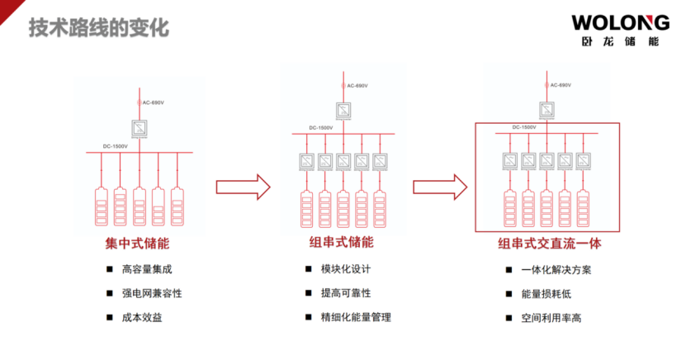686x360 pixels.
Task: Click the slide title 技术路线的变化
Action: tap(99, 27)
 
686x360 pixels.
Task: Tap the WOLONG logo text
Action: tap(615, 22)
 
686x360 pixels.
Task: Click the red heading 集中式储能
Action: tap(137, 244)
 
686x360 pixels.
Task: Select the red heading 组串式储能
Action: tap(341, 242)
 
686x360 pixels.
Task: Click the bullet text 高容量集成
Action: tap(147, 269)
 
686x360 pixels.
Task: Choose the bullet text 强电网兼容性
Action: tap(152, 293)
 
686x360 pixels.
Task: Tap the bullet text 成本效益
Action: tap(142, 317)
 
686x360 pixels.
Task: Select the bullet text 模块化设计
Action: tap(346, 269)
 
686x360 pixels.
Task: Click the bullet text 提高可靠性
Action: tap(346, 293)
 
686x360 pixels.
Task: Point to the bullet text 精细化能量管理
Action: tap(356, 317)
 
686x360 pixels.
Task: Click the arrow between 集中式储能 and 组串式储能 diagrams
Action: tap(243, 187)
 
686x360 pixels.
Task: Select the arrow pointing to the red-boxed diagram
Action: tap(442, 187)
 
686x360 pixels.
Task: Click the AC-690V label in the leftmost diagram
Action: tap(153, 102)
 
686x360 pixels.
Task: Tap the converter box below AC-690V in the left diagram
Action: tap(140, 128)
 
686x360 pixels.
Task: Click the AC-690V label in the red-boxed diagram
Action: tap(559, 85)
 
